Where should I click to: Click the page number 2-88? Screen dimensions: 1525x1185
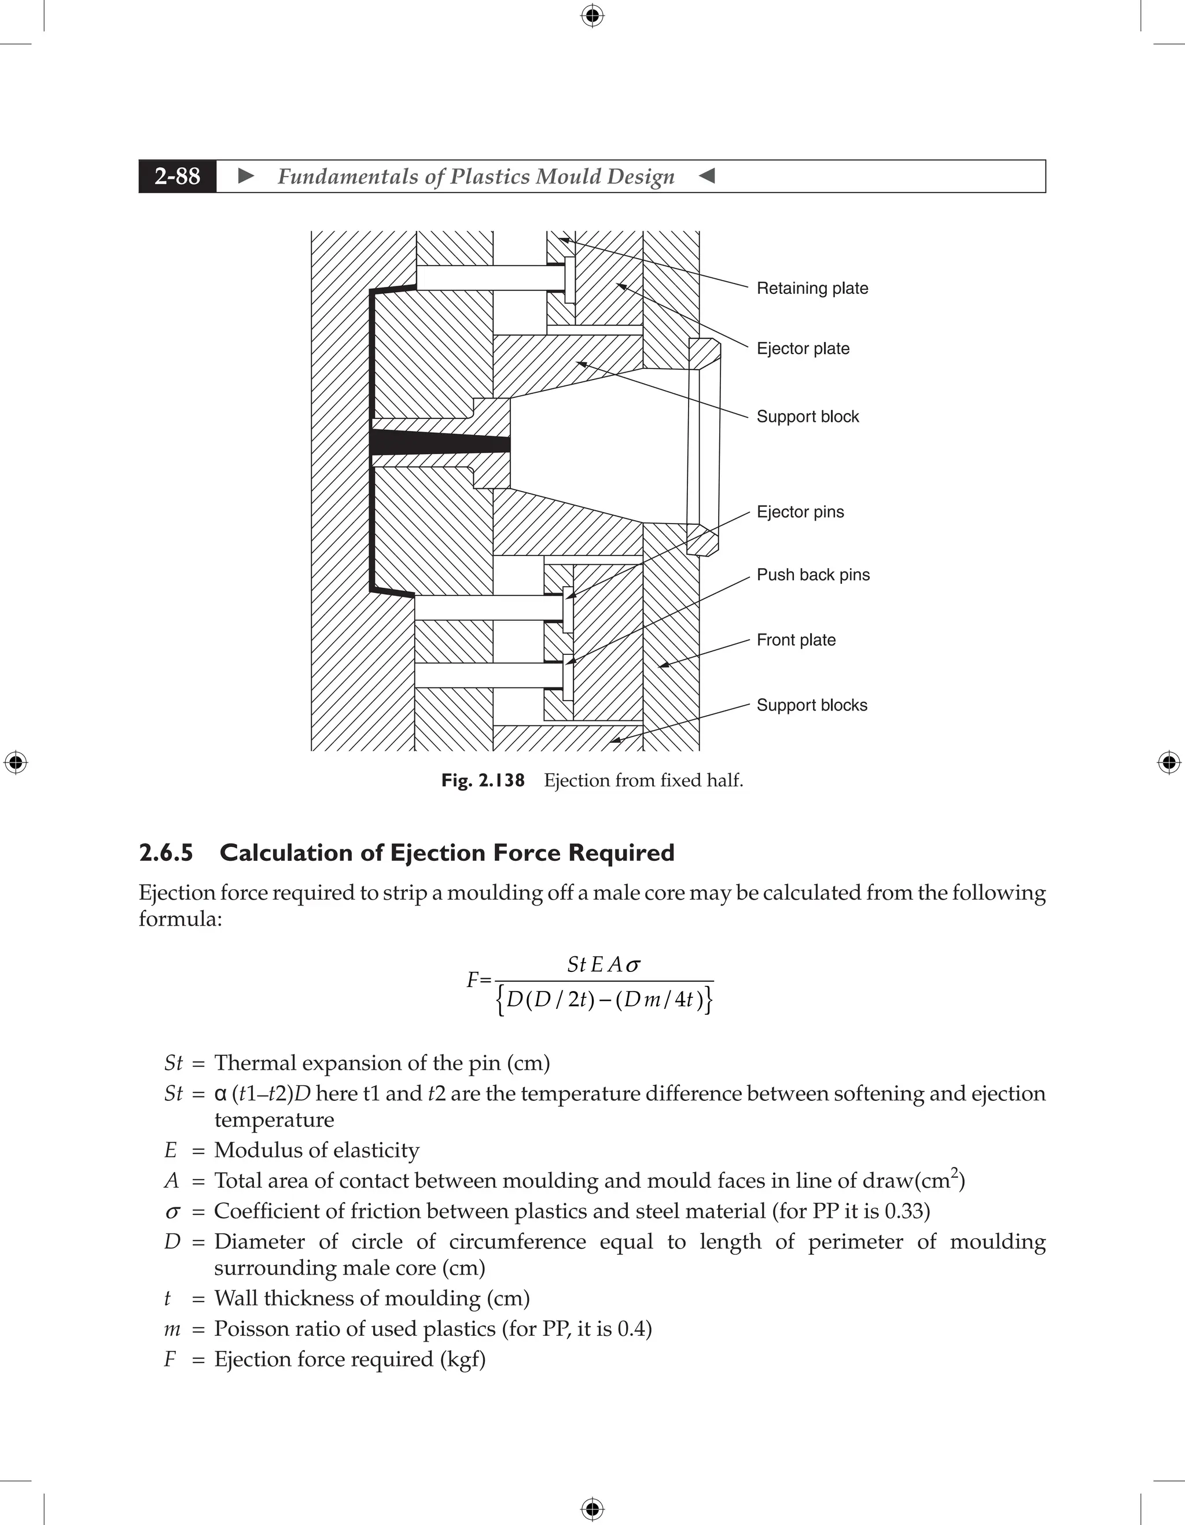178,176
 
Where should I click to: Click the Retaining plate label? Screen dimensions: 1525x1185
812,288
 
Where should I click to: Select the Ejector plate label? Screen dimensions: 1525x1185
803,348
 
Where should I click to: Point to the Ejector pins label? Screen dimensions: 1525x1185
800,512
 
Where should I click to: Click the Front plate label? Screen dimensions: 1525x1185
796,640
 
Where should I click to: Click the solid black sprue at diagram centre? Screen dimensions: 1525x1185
440,443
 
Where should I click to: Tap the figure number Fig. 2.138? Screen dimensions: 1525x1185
483,780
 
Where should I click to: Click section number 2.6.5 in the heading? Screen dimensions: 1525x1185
166,853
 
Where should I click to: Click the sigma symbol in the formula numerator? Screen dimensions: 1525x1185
632,966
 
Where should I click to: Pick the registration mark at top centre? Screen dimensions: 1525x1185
592,16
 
